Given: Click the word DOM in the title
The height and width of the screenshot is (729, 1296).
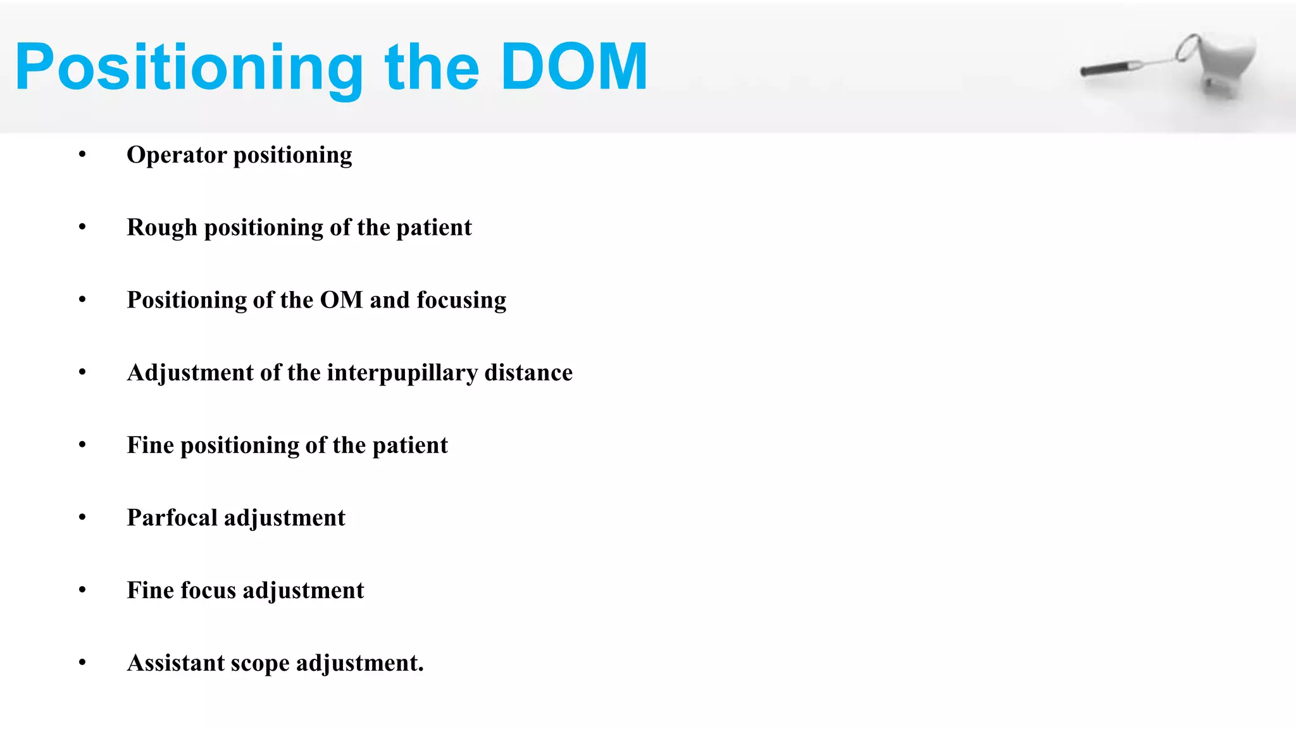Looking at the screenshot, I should pyautogui.click(x=574, y=67).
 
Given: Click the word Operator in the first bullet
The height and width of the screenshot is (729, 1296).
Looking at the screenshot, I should pyautogui.click(x=177, y=155).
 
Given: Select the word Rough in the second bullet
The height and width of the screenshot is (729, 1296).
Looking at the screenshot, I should pyautogui.click(x=162, y=227).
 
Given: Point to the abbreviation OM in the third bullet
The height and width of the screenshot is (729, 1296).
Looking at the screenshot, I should pyautogui.click(x=341, y=300).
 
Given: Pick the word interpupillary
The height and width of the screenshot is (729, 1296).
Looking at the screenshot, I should pyautogui.click(x=402, y=373).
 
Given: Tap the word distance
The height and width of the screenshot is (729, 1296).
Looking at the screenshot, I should pyautogui.click(x=528, y=373).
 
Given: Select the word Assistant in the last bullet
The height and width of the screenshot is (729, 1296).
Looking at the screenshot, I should pyautogui.click(x=176, y=663).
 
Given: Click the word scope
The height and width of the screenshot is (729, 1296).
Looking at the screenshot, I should pyautogui.click(x=260, y=663).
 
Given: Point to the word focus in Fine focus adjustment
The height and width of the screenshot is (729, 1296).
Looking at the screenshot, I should pyautogui.click(x=209, y=590).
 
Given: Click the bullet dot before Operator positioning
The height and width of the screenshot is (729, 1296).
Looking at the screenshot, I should pyautogui.click(x=82, y=154).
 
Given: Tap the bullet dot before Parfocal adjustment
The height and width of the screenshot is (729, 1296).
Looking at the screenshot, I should pyautogui.click(x=82, y=518).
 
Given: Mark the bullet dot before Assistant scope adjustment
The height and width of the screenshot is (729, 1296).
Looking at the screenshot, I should pyautogui.click(x=82, y=663).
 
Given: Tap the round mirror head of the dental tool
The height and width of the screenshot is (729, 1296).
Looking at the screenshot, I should pyautogui.click(x=1187, y=47).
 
